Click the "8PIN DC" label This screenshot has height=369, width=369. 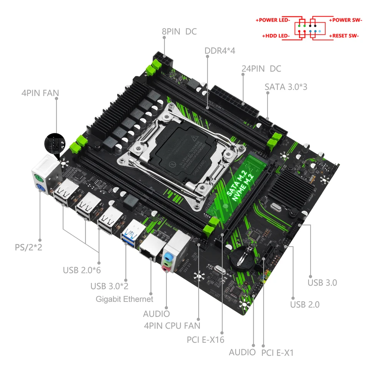[x=179, y=32]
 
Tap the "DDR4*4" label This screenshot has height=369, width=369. [x=220, y=50]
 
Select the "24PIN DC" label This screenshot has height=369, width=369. [x=261, y=69]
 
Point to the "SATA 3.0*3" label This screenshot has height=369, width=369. [x=286, y=86]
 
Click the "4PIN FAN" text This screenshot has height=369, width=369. [x=43, y=93]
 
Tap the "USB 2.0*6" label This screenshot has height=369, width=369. [x=82, y=270]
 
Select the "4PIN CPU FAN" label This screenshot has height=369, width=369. [x=172, y=326]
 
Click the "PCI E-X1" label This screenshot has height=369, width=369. [x=278, y=352]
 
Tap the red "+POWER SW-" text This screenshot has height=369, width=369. [x=345, y=20]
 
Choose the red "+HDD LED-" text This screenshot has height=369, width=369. [x=276, y=36]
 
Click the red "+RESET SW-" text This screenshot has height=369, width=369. [x=344, y=36]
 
